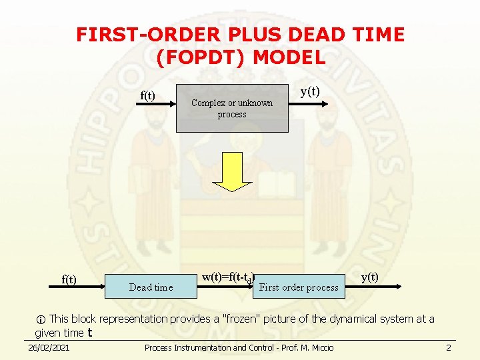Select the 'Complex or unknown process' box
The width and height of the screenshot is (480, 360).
232,108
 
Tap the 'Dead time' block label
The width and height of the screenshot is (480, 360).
151,287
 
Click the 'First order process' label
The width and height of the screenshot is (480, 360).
299,287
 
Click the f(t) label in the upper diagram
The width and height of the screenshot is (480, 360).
147,95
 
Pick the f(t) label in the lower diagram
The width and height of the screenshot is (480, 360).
69,279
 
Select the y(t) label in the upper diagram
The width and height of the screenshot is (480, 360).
310,91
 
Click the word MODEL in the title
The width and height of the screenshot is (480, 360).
291,58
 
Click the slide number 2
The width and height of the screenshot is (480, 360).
449,348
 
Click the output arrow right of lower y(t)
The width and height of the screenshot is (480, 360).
393,285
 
